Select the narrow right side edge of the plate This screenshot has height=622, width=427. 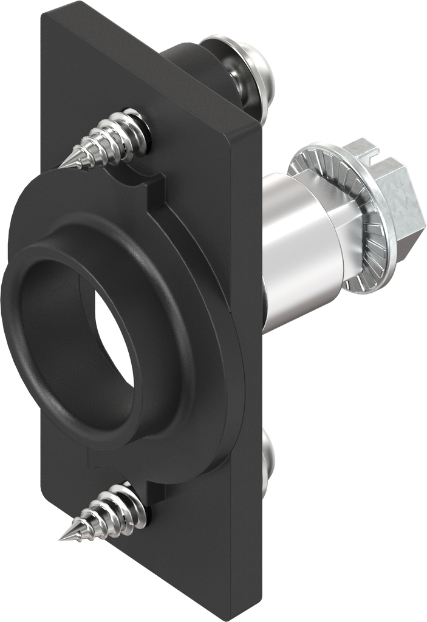click(255, 364)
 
